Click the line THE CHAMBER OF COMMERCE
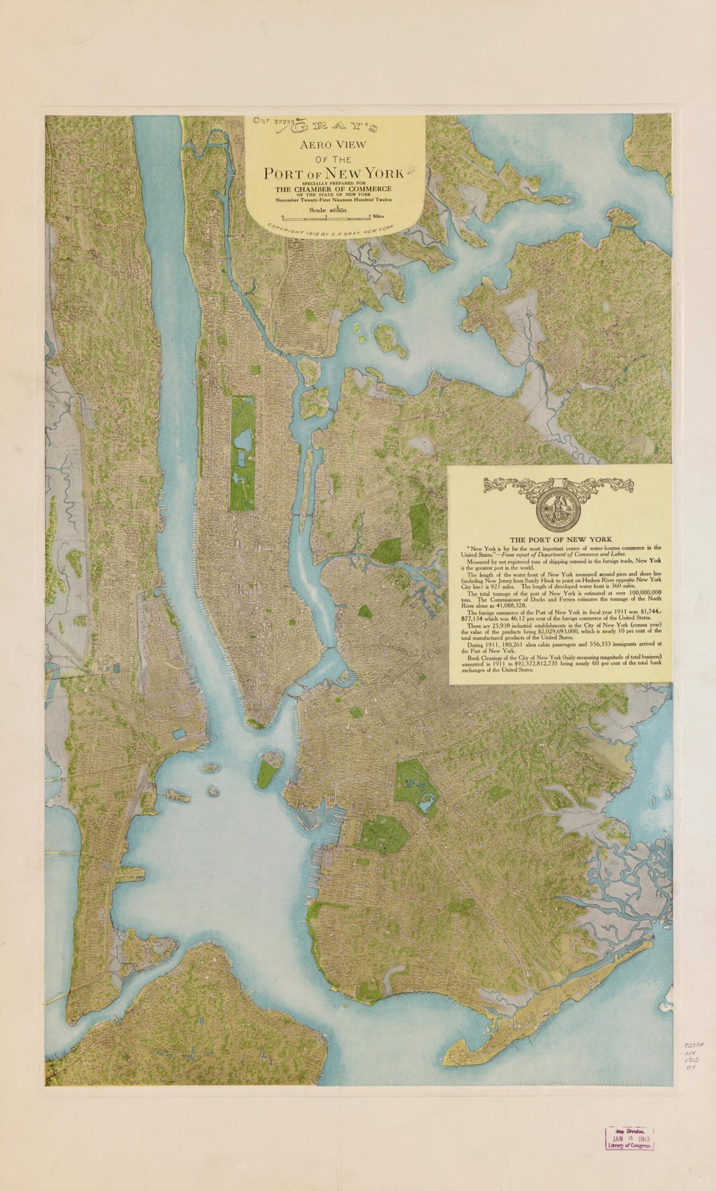point(336,189)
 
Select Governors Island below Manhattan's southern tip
point(268,769)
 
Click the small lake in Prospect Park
point(428,806)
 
